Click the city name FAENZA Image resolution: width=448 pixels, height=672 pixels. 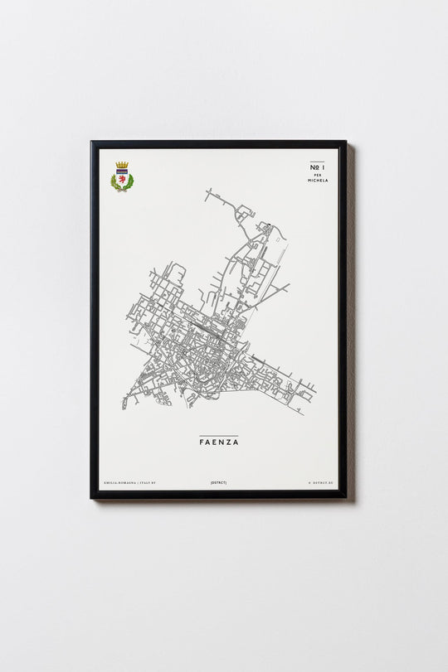click(x=218, y=442)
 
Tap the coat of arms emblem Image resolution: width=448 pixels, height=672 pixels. click(x=122, y=176)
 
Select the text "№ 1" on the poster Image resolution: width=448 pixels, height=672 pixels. click(x=317, y=168)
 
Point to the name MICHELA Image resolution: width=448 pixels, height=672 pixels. click(x=317, y=180)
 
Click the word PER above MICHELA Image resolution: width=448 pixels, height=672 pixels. click(x=317, y=175)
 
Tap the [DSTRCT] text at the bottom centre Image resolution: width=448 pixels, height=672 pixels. click(x=218, y=482)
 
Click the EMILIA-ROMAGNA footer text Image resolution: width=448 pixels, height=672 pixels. click(x=116, y=482)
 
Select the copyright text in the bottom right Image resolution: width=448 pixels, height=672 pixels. click(x=319, y=482)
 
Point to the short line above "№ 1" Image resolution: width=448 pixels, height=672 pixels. click(x=317, y=162)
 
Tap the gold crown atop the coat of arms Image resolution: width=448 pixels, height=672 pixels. click(x=122, y=166)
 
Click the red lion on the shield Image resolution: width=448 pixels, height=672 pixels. click(x=122, y=177)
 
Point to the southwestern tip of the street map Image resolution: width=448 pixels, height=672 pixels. click(x=124, y=407)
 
